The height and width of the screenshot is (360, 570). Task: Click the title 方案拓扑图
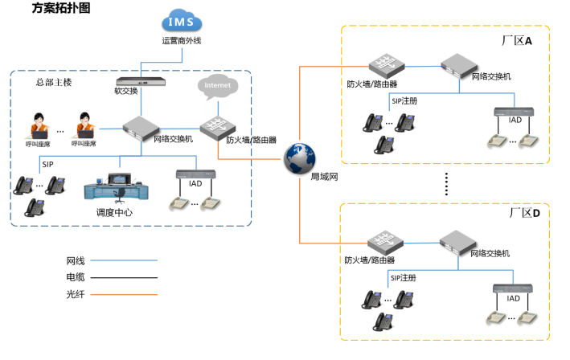point(61,9)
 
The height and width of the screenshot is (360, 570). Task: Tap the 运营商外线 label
point(181,40)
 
